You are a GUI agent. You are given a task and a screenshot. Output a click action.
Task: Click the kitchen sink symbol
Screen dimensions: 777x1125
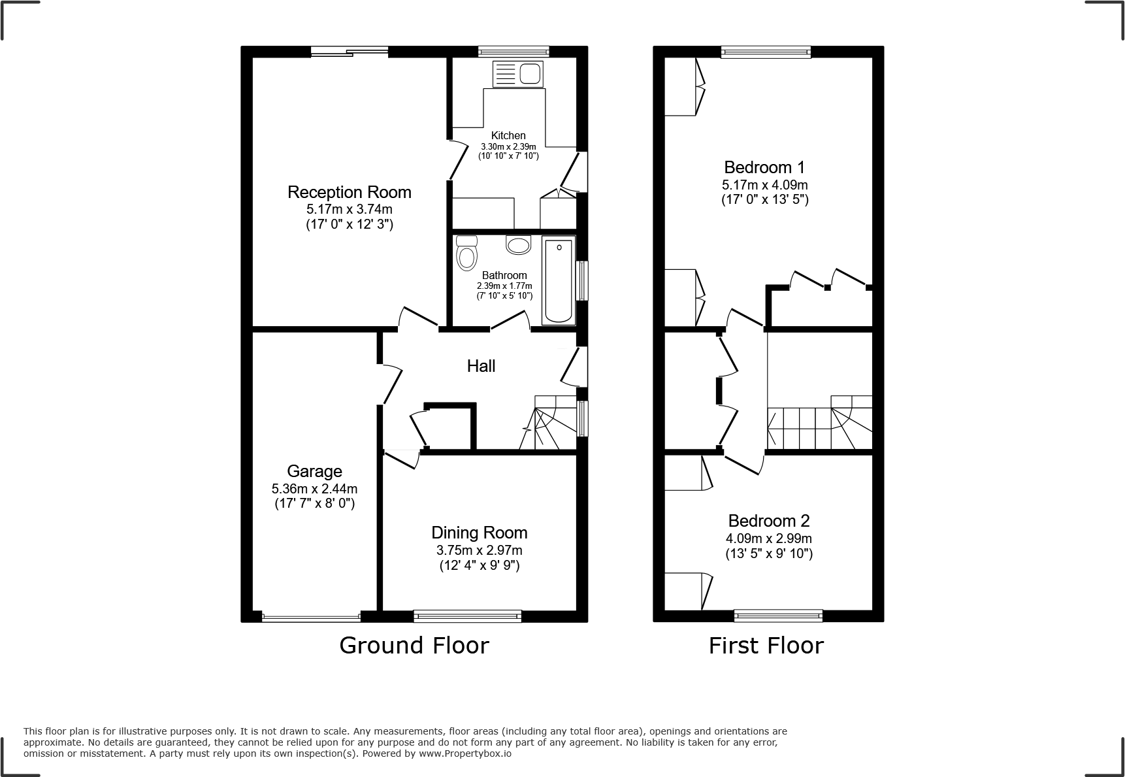[517, 74]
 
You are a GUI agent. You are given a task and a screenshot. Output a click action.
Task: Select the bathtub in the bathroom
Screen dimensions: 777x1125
[559, 281]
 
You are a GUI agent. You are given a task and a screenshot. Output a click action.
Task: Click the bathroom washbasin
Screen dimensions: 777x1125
[519, 245]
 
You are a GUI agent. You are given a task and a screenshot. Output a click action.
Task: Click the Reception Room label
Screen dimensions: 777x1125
[350, 192]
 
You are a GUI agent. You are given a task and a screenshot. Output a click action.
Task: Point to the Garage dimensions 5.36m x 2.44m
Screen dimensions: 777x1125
[314, 489]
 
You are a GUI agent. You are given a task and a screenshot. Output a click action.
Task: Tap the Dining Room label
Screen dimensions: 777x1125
[479, 533]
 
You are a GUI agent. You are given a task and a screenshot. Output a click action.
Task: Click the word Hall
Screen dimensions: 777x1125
[481, 366]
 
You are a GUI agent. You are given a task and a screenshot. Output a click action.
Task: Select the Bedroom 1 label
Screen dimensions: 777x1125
[764, 167]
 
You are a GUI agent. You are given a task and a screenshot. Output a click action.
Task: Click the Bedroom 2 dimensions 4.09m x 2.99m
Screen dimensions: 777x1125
[768, 538]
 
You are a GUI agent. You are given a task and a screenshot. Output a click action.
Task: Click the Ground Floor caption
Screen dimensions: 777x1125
[414, 646]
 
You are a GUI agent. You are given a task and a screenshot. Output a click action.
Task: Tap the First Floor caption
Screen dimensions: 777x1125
[766, 646]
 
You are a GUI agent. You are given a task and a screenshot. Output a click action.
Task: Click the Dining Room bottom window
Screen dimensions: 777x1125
[467, 615]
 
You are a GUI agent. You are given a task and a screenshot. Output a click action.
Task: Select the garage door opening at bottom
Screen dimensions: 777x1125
[311, 616]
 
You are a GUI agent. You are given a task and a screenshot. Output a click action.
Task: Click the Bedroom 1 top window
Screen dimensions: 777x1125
[766, 52]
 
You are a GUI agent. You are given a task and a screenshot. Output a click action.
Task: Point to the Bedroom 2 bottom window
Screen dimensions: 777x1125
[777, 615]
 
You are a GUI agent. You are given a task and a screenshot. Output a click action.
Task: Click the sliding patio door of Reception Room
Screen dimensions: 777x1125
[350, 52]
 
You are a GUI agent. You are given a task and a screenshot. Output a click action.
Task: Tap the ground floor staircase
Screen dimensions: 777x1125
[549, 425]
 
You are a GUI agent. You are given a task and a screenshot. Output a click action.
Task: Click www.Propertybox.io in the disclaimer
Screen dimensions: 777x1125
[465, 753]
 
